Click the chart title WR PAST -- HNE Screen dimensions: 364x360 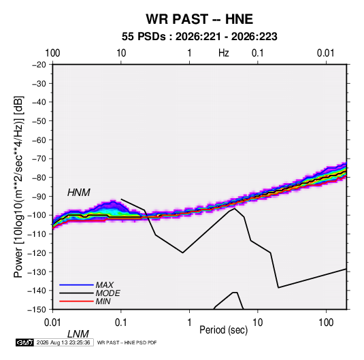point(199,19)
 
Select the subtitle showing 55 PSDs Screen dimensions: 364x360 point(199,37)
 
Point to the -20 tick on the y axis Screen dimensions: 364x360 point(39,65)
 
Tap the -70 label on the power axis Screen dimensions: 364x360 point(39,159)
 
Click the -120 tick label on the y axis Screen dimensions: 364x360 point(37,252)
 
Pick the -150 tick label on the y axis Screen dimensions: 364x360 point(37,310)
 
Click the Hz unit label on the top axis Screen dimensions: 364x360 point(224,53)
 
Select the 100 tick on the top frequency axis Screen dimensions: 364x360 point(52,53)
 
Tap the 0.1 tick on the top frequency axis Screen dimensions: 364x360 point(258,53)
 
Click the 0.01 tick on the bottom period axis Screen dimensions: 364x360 point(52,323)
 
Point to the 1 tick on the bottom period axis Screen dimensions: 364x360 point(189,323)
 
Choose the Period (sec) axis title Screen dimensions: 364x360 point(224,330)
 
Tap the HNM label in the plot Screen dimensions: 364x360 point(79,193)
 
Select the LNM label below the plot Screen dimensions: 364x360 point(78,334)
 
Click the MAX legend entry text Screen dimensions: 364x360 point(105,284)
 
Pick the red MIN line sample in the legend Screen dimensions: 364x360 point(76,301)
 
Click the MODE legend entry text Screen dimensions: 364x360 point(108,293)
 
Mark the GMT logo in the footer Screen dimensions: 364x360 point(25,342)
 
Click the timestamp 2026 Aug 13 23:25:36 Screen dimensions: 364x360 point(63,342)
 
